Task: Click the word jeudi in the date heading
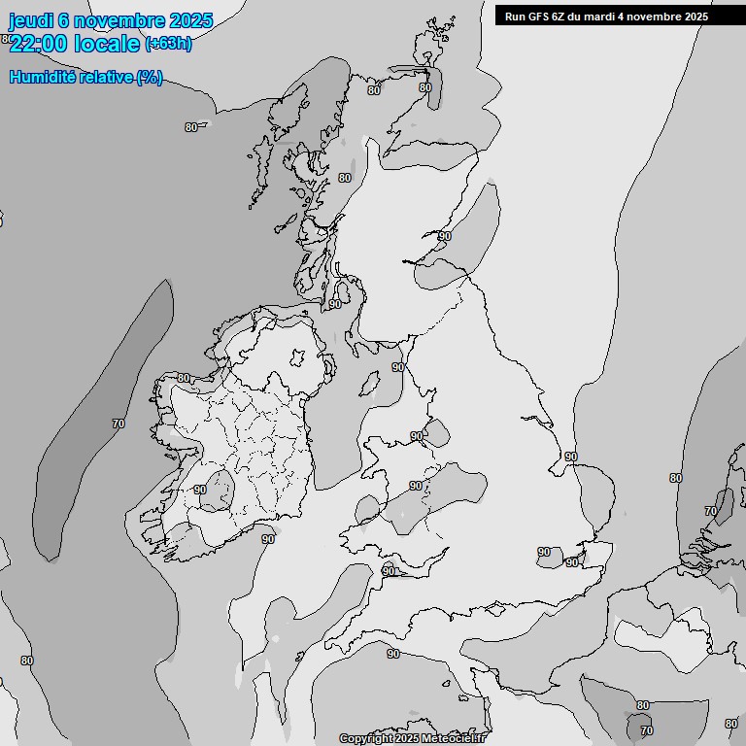(31, 20)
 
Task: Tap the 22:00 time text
(40, 43)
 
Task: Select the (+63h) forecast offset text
(168, 43)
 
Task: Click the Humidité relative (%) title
(85, 78)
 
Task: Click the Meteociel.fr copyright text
(412, 738)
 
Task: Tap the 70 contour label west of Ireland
(119, 424)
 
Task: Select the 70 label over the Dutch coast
(710, 511)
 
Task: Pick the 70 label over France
(647, 730)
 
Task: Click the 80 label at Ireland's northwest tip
(184, 378)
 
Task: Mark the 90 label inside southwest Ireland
(200, 490)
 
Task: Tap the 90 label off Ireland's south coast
(268, 538)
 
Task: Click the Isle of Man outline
(369, 386)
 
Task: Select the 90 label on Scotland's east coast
(445, 236)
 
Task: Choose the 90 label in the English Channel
(393, 654)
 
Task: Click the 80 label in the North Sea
(675, 478)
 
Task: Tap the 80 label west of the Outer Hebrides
(190, 127)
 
